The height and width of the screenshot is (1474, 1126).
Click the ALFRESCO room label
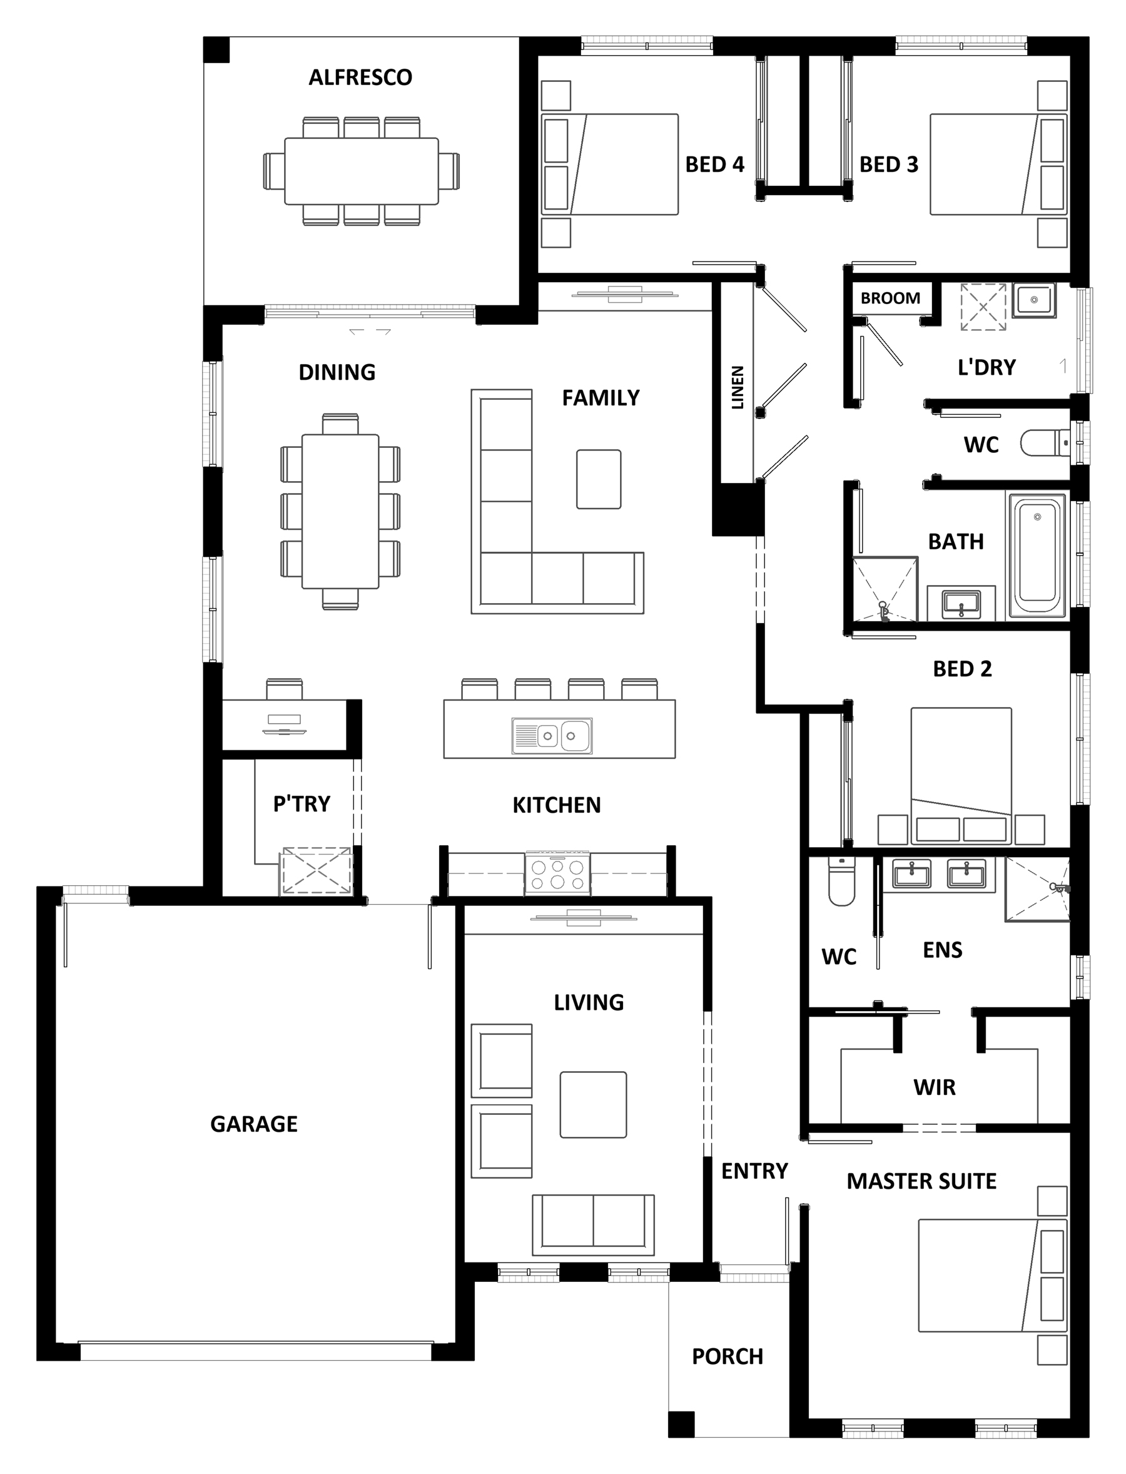click(x=360, y=78)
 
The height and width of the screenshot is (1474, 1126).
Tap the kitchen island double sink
click(x=552, y=736)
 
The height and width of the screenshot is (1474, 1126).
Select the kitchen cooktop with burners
click(x=557, y=873)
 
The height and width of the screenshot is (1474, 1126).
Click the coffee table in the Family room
click(x=599, y=479)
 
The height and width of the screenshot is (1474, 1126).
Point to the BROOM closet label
click(x=890, y=298)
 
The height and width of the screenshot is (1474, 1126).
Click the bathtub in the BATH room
click(x=1036, y=556)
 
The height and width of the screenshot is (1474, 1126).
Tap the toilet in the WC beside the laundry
click(x=1045, y=443)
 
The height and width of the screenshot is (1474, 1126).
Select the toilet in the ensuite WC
click(x=841, y=880)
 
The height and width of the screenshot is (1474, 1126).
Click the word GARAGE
click(x=254, y=1124)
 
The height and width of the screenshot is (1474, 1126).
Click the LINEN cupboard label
click(x=738, y=387)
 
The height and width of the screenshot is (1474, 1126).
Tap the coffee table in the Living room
click(x=593, y=1105)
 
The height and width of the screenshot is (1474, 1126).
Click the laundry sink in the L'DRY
click(x=1033, y=300)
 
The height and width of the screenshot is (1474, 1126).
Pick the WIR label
click(x=935, y=1087)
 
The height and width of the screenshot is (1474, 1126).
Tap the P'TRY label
click(x=302, y=804)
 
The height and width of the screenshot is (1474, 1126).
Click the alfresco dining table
click(x=362, y=171)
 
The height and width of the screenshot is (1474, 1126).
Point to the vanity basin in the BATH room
click(x=961, y=603)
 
